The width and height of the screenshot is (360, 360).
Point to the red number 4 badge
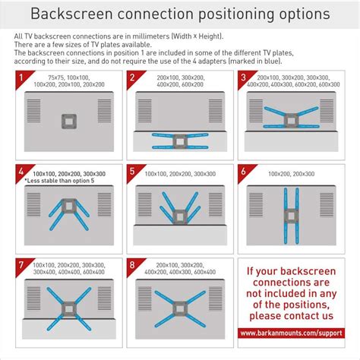point(21,172)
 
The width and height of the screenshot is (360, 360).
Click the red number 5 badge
point(132,172)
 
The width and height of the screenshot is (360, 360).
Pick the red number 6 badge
point(243,172)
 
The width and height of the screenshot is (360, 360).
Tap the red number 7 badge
point(21,267)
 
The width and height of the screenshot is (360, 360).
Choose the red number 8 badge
point(132,267)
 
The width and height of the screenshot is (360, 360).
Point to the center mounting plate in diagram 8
point(180,308)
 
